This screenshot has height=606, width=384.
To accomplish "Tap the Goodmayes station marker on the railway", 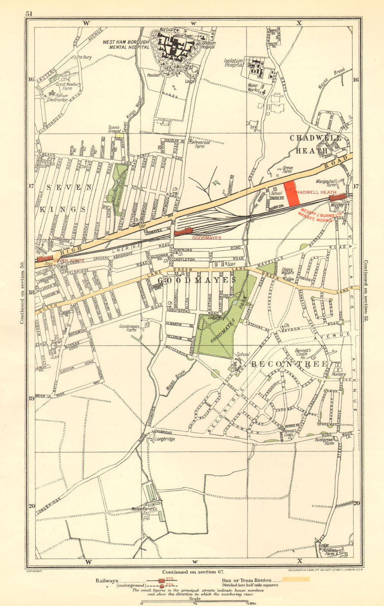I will (183, 231).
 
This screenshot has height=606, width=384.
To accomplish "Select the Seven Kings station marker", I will (45, 258).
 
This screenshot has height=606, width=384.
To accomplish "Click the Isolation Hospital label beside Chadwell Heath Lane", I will (234, 63).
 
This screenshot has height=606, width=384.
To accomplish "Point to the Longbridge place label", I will (166, 439).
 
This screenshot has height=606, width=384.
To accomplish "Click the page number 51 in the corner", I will (29, 14).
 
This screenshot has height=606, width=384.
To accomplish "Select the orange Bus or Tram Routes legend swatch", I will (296, 579).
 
